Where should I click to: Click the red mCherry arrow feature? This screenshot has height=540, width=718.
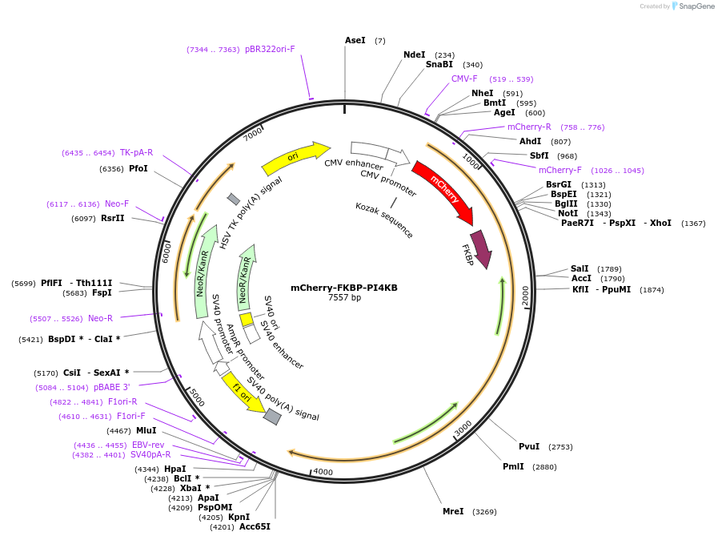point(443,191)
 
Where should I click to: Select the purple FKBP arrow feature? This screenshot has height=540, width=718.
point(481,249)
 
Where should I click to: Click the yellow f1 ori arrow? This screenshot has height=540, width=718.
point(243,393)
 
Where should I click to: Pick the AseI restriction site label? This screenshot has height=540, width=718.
point(355,40)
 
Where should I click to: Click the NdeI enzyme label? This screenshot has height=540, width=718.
point(414,54)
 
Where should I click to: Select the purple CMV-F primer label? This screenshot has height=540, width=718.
point(464,79)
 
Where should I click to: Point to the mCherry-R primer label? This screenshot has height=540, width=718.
point(529,127)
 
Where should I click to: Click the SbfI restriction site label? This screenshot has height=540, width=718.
point(539,155)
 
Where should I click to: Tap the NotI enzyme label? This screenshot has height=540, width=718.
point(568,213)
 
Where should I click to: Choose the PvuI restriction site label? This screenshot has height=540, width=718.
point(529,446)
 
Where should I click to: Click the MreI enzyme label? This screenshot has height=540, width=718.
point(453,511)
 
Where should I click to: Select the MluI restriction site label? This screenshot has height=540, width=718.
point(146,430)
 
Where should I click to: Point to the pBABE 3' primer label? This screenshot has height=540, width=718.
point(111,387)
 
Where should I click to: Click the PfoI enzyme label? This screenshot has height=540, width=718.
point(138,168)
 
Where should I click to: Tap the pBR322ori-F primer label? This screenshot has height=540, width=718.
point(270,49)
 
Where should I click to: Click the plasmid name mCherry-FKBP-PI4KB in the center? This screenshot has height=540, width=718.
point(344,288)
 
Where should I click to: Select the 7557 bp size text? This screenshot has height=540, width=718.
point(344,298)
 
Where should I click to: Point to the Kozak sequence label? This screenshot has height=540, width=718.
point(384,220)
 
